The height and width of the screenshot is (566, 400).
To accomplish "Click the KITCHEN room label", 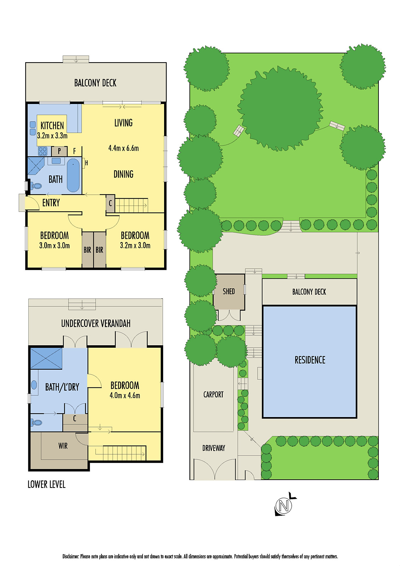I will coord(52,126).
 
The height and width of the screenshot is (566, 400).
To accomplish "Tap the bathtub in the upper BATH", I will coord(73,175).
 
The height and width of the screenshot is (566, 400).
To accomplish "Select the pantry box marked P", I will coord(59,151).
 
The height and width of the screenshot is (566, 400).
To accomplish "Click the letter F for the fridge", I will coord(74,151).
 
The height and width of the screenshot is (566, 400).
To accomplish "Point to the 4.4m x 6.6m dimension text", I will coord(123,149).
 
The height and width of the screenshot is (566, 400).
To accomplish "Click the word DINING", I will coord(123,174).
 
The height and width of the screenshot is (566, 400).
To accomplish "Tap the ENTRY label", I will coord(51,203).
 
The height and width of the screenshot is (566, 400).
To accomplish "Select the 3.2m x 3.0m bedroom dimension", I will coord(135,246).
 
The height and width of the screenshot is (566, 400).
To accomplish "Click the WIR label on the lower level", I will coord(63,446).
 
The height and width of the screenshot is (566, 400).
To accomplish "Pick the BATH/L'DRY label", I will coord(62,387).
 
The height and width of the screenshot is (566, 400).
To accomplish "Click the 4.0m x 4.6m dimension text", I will coord(124,395).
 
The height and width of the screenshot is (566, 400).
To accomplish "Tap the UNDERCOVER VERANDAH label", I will coord(95,324).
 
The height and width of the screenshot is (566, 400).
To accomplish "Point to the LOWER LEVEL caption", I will coord(46,485).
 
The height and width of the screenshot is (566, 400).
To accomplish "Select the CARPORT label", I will coord(213,394).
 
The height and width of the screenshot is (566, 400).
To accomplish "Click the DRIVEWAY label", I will coord(214,448).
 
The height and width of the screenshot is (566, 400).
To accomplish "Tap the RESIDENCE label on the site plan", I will coord(310,360).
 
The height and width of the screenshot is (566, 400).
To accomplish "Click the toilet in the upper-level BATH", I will coord(36,185).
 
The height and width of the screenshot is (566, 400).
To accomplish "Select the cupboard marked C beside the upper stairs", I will coord(110,203).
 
